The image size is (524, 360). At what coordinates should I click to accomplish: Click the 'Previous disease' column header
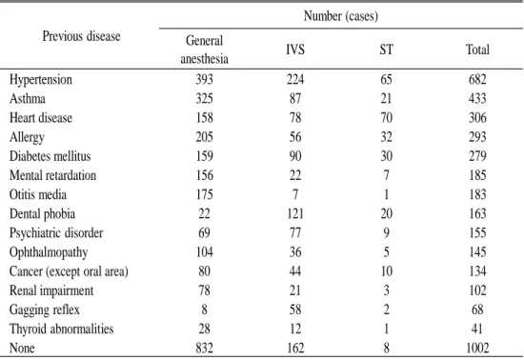81,36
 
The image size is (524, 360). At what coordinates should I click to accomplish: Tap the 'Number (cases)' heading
341,15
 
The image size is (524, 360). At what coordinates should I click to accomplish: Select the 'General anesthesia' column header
204,50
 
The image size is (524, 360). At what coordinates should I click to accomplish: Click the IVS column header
295,50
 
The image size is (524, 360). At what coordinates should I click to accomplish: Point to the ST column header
386,50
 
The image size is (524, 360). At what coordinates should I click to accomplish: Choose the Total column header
477,50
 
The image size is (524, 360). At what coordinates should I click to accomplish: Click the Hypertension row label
41,79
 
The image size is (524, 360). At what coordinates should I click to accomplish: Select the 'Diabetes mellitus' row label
50,156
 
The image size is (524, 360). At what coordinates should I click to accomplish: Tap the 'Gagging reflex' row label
45,310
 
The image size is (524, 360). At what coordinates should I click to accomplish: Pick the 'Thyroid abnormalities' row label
62,329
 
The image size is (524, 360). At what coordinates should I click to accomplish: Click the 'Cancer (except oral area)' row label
69,271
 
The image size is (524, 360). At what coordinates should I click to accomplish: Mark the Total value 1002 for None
477,348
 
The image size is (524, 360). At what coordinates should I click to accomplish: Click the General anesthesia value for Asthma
204,98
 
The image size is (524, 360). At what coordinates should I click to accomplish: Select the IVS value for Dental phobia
295,213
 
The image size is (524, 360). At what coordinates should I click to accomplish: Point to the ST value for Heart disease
386,117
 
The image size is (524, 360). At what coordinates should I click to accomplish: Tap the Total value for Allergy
477,137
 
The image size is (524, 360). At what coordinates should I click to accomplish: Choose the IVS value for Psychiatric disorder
295,232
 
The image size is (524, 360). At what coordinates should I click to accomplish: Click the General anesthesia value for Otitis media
204,194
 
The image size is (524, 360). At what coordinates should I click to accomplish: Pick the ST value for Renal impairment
386,290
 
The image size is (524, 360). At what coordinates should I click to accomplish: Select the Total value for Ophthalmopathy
477,252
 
